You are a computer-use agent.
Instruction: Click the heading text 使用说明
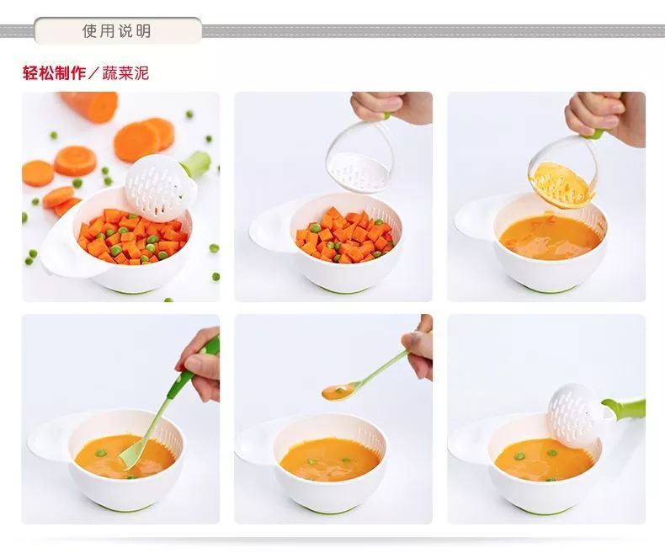pyautogui.click(x=117, y=31)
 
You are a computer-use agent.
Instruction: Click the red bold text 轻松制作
pyautogui.click(x=54, y=73)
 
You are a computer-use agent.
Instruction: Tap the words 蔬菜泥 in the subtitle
pyautogui.click(x=125, y=73)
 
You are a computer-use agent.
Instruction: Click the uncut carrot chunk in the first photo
pyautogui.click(x=90, y=105)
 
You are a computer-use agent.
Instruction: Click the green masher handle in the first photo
pyautogui.click(x=195, y=163)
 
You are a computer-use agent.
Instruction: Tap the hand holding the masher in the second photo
pyautogui.click(x=391, y=108)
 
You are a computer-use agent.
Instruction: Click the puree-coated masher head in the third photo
pyautogui.click(x=559, y=185)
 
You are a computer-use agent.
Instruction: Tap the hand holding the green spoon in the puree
pyautogui.click(x=200, y=364)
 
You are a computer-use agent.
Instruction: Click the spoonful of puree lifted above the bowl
pyautogui.click(x=338, y=392)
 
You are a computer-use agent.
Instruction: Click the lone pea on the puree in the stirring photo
pyautogui.click(x=101, y=453)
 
